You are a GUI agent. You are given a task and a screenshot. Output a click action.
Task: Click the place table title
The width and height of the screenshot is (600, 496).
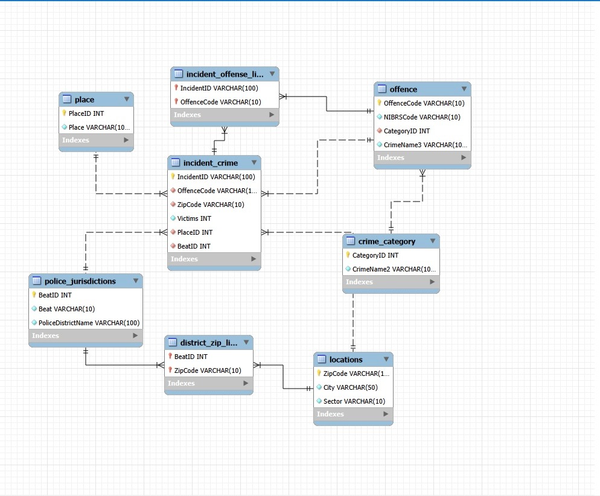click(x=85, y=100)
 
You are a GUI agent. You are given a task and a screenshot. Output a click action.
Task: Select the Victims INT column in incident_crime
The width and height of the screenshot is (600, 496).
click(x=194, y=218)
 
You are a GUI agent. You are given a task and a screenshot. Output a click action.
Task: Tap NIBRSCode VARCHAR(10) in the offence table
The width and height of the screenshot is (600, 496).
click(x=422, y=117)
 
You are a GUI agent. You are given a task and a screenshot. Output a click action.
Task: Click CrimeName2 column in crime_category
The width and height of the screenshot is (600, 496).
click(x=394, y=269)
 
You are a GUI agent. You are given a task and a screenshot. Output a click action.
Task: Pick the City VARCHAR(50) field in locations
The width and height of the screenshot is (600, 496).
click(x=351, y=387)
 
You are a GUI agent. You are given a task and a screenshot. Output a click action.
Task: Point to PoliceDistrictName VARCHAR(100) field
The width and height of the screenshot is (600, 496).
click(x=89, y=323)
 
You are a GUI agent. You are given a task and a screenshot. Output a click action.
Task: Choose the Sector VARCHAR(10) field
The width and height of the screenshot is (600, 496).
click(x=354, y=401)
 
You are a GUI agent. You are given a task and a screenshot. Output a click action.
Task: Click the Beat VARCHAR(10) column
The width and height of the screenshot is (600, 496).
click(x=66, y=309)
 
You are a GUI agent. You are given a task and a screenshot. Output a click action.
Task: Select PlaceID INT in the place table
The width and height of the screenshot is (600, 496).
click(x=86, y=113)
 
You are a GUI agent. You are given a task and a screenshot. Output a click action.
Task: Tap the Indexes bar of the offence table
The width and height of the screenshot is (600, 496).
click(x=422, y=157)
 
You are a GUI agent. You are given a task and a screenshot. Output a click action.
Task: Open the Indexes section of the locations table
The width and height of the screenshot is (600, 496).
click(x=353, y=414)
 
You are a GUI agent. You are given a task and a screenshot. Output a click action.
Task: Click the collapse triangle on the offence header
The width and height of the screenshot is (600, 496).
click(x=464, y=89)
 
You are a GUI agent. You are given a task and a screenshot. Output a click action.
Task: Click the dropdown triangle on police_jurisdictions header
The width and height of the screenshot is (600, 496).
click(x=135, y=281)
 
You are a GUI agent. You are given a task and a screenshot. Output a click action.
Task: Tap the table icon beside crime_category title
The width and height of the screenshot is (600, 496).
click(x=351, y=241)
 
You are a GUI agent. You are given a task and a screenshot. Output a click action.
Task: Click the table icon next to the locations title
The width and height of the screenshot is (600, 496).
click(x=321, y=359)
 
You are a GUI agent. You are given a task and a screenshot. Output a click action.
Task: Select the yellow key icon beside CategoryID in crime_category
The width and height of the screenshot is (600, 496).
click(x=348, y=255)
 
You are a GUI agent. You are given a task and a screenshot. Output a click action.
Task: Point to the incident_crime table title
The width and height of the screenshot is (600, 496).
click(x=211, y=163)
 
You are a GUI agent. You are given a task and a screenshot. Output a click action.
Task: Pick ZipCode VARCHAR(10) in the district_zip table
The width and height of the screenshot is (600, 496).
click(x=208, y=370)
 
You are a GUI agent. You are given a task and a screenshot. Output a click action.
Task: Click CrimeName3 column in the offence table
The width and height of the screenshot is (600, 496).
click(x=425, y=145)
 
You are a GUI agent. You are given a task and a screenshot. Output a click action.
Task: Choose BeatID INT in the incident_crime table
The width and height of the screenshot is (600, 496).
click(x=194, y=246)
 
